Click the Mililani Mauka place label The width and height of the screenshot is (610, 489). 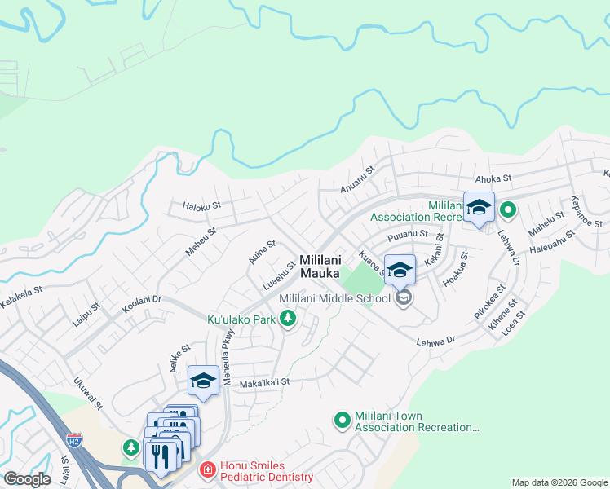click(x=320, y=267)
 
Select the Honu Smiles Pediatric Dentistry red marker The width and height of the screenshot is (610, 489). click(x=207, y=470)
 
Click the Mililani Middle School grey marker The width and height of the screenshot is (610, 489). click(x=403, y=299)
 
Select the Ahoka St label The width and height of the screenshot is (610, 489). click(x=493, y=178)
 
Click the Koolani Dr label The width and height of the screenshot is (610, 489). click(x=142, y=303)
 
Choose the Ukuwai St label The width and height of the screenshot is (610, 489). click(x=86, y=393)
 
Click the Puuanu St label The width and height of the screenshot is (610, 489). click(x=408, y=235)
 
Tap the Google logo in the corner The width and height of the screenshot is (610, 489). click(x=27, y=479)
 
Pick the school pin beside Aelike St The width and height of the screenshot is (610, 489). click(x=203, y=381)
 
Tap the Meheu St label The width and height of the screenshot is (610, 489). click(x=200, y=241)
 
